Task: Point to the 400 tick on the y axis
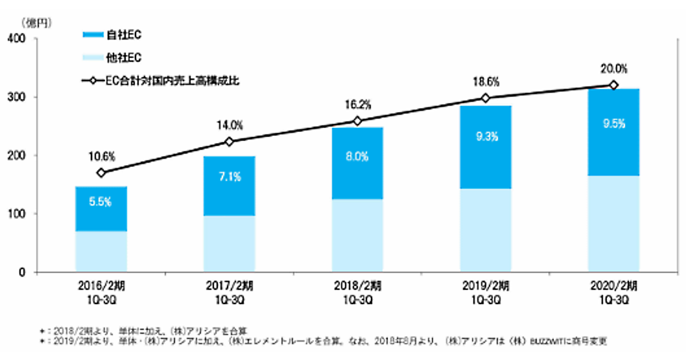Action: (17, 39)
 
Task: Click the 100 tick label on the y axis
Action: (17, 214)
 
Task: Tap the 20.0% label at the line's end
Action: (613, 69)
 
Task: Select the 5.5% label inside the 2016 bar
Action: (101, 202)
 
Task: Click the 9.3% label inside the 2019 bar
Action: (485, 137)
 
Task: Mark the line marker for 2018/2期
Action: (357, 121)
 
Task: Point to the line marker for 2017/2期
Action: (229, 142)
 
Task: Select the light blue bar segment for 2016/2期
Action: (101, 251)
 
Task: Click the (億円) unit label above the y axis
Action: (36, 23)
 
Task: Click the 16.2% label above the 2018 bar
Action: (358, 105)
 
